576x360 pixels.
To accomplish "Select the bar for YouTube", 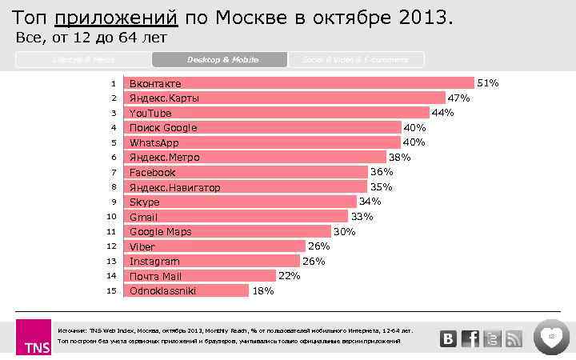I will pyautogui.click(x=276, y=113).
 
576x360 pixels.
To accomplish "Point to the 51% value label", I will pyautogui.click(x=488, y=82).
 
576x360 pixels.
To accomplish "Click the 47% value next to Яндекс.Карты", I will pyautogui.click(x=458, y=98).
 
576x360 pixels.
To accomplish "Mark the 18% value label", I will pyautogui.click(x=263, y=291).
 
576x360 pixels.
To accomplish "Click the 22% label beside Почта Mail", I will pyautogui.click(x=289, y=276).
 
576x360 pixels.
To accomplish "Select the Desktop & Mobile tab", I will pyautogui.click(x=218, y=60).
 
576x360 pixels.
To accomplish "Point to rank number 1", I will pyautogui.click(x=114, y=83).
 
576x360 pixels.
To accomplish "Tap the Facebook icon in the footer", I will pyautogui.click(x=470, y=338).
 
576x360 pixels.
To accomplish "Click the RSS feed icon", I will pyautogui.click(x=513, y=338).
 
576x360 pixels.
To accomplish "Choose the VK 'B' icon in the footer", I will pyautogui.click(x=449, y=338).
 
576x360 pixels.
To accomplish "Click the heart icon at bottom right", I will pyautogui.click(x=551, y=336).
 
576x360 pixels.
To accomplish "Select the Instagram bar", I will pyautogui.click(x=211, y=261).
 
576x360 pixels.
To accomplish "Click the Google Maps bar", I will pyautogui.click(x=227, y=231).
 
